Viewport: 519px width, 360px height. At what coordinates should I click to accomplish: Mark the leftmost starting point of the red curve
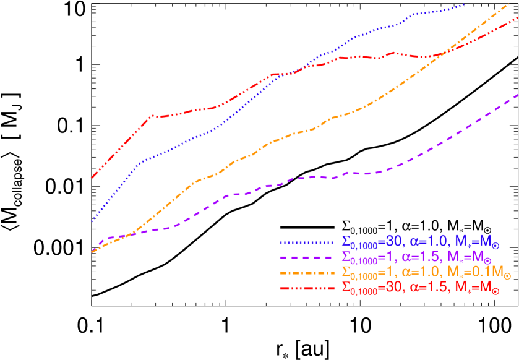[x=92, y=178]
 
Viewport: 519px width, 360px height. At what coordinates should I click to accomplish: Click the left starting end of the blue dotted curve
[x=92, y=221]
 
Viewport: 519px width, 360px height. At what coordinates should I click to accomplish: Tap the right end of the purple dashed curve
[x=517, y=95]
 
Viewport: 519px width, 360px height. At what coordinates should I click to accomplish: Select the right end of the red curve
[x=517, y=19]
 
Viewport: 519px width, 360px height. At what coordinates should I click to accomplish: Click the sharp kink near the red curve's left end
[x=150, y=116]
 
